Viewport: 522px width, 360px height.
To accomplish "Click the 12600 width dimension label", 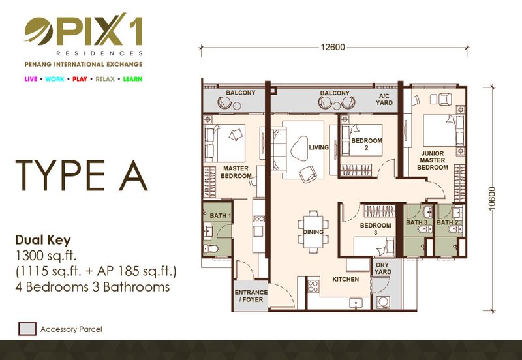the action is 333,47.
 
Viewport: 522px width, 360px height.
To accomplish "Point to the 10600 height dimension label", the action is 492,199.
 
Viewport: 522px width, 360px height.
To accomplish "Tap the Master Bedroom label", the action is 236,172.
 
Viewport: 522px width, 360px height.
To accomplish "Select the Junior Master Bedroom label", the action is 433,160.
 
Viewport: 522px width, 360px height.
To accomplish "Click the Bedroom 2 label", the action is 367,144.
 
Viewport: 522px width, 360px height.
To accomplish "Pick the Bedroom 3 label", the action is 376,228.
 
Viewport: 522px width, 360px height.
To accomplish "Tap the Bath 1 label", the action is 221,216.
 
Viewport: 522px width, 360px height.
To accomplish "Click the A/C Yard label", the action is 384,100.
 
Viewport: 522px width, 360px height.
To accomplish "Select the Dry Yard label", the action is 382,269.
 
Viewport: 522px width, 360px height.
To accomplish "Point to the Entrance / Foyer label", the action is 251,296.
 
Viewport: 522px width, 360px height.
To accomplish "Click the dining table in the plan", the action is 313,232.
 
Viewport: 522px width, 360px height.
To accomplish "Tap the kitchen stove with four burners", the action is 313,286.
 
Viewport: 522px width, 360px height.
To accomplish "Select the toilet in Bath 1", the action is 211,248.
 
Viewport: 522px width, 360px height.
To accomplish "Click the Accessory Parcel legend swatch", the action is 27,329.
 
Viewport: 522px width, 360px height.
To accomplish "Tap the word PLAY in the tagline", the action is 80,79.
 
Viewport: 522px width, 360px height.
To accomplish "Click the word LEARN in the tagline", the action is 132,79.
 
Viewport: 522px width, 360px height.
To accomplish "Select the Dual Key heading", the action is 43,240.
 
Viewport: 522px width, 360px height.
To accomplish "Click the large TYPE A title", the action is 82,175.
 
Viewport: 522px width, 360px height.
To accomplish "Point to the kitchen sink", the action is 356,303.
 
